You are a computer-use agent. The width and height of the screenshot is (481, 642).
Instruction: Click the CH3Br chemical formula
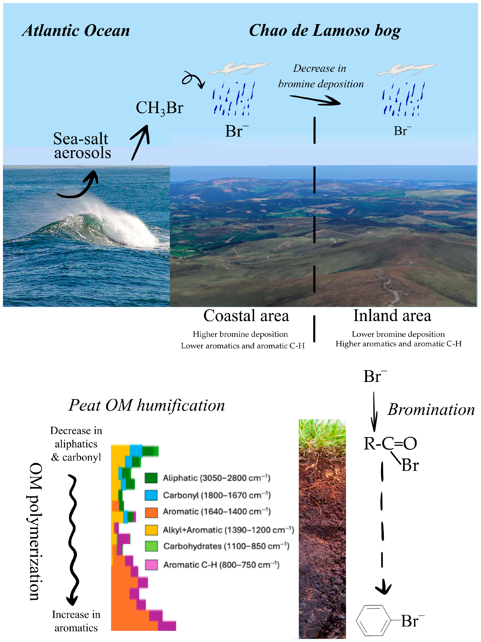(159, 108)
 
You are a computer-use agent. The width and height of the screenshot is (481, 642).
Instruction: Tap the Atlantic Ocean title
(76, 31)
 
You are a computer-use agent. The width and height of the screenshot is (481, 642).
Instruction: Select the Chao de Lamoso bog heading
(325, 31)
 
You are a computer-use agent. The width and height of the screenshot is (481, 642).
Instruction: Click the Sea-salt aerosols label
(82, 146)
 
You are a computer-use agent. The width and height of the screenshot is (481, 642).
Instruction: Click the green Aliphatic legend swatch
(151, 478)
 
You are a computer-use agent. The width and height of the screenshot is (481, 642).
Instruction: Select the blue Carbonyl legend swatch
(151, 495)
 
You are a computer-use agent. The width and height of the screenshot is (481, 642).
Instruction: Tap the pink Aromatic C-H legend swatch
(151, 564)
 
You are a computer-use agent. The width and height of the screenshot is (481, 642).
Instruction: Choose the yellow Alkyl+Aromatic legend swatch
(151, 530)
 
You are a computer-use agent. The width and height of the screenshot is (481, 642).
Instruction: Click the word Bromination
(431, 410)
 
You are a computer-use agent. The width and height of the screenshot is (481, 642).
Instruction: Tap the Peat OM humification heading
(146, 405)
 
